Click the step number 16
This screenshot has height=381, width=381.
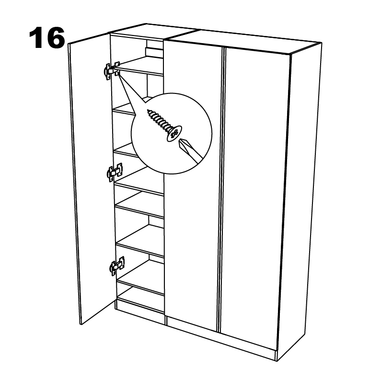coord(47,38)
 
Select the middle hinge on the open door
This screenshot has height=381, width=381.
coord(115,172)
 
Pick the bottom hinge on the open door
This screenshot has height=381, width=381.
coord(117,266)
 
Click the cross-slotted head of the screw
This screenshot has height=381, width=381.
coord(174,134)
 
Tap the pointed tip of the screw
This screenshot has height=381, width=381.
coord(148,111)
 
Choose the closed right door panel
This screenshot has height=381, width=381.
coord(257,195)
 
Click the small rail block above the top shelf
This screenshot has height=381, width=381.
coord(154,52)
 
